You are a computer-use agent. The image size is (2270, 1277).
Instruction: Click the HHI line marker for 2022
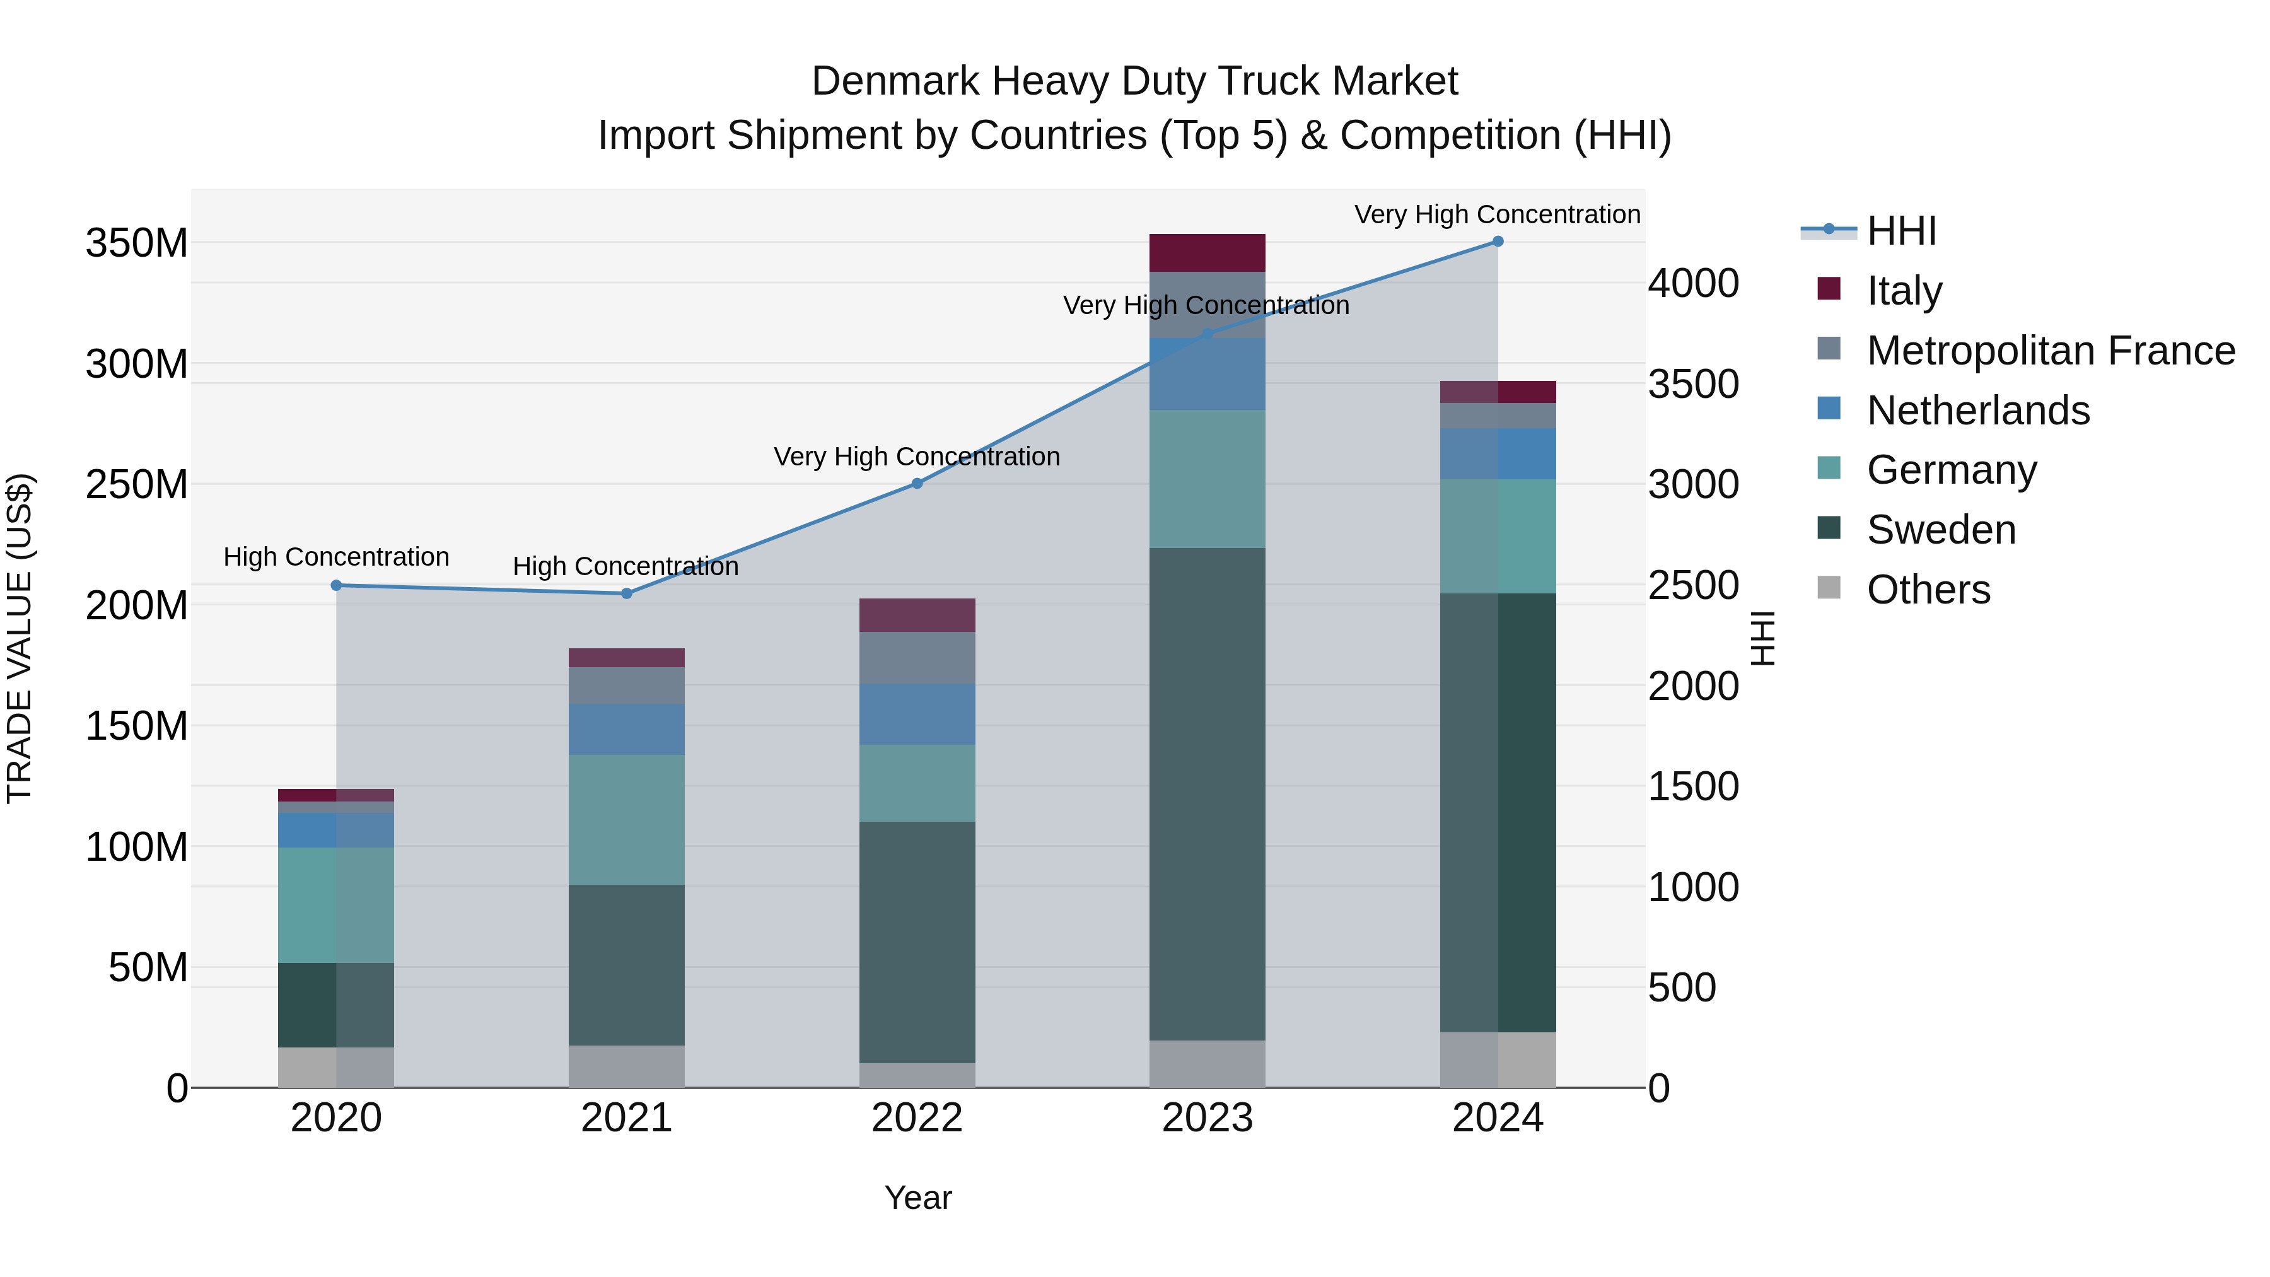(916, 483)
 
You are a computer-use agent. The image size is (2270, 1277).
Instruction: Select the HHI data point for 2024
(1497, 242)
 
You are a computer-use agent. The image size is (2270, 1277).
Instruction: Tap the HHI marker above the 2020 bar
(335, 585)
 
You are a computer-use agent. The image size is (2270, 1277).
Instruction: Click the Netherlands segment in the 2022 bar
(916, 714)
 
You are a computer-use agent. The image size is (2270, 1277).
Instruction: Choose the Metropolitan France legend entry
(2051, 351)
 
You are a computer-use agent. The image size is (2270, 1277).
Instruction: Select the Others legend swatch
(1829, 588)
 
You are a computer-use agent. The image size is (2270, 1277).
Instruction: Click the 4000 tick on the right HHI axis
(1693, 284)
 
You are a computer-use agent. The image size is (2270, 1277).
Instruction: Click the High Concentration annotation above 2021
(626, 567)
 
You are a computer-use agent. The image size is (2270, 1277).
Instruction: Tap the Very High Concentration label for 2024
(1496, 215)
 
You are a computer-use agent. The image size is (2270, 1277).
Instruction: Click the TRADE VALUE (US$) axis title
(20, 638)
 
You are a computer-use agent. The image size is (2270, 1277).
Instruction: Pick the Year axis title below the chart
(917, 1198)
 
